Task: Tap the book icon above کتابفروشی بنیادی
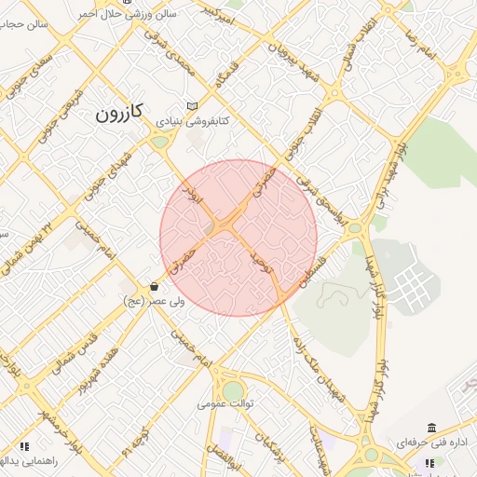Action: click(x=193, y=106)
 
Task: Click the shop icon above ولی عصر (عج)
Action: click(x=154, y=287)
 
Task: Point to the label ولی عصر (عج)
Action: click(x=155, y=302)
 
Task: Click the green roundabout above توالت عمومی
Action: click(x=233, y=389)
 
